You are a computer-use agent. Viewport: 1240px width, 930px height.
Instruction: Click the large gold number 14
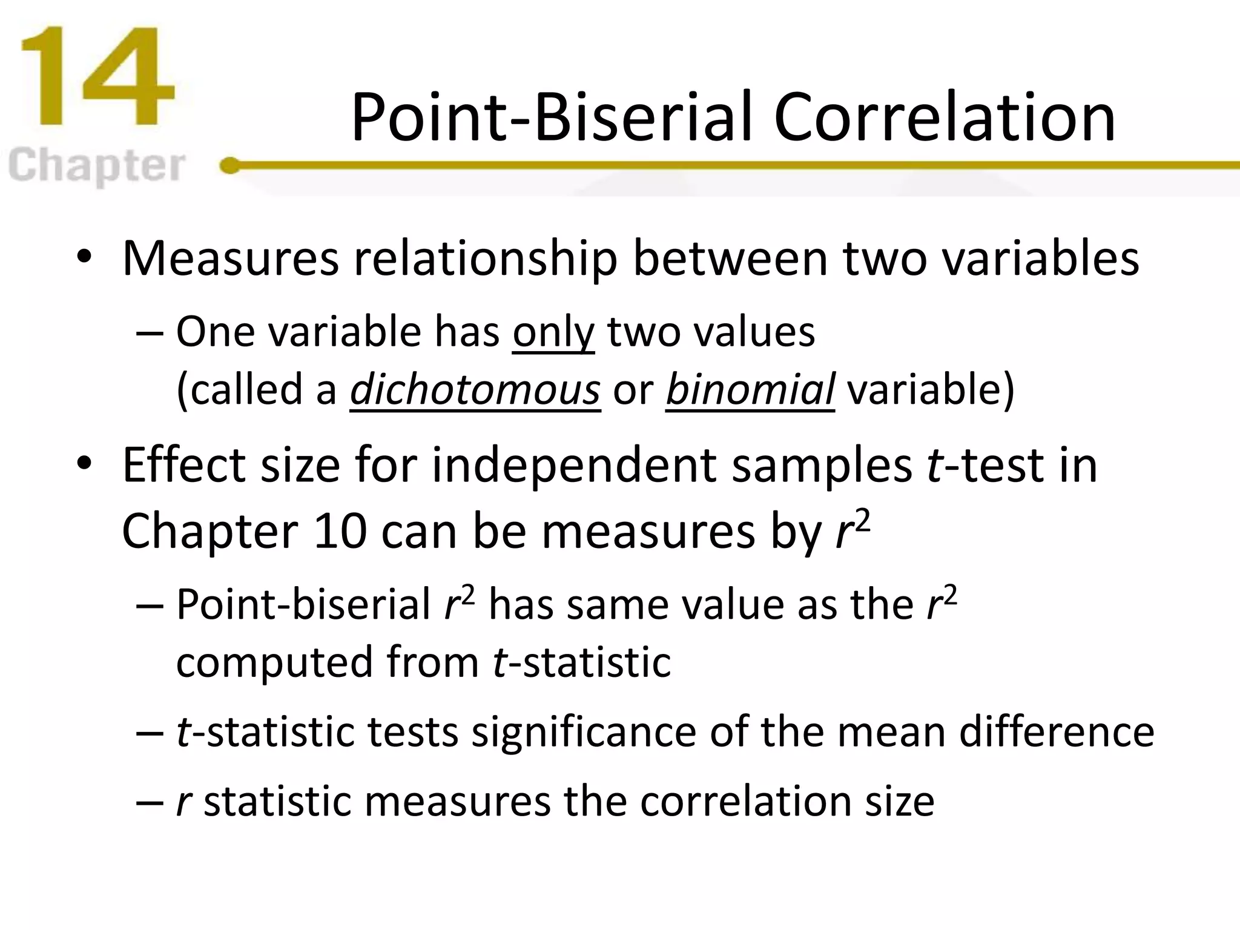(97, 77)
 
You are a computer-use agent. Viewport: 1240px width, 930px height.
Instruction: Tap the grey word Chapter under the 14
(97, 166)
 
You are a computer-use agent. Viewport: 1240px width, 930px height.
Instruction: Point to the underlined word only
(553, 333)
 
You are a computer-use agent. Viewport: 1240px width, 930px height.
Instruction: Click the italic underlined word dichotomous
(475, 389)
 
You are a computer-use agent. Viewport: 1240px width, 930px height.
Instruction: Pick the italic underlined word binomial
(750, 389)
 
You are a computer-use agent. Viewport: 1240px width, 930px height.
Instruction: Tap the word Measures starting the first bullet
(230, 259)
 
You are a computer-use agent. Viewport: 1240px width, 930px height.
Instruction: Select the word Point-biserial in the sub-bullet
(303, 604)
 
